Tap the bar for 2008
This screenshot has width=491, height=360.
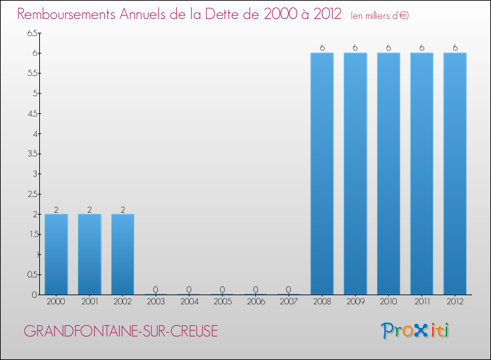(x=322, y=173)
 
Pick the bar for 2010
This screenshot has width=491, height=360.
(x=388, y=173)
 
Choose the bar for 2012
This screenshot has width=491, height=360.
(x=455, y=173)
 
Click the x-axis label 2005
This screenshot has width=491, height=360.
(x=222, y=302)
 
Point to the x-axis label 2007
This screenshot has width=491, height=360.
(x=289, y=302)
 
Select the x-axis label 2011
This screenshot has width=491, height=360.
(x=422, y=302)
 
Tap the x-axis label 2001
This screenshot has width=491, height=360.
(x=89, y=302)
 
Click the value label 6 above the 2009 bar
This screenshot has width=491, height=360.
(x=355, y=47)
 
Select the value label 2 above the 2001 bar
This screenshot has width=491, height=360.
(x=89, y=209)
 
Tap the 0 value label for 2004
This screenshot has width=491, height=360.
(x=189, y=289)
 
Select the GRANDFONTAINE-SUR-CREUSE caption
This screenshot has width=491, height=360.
(x=120, y=332)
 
